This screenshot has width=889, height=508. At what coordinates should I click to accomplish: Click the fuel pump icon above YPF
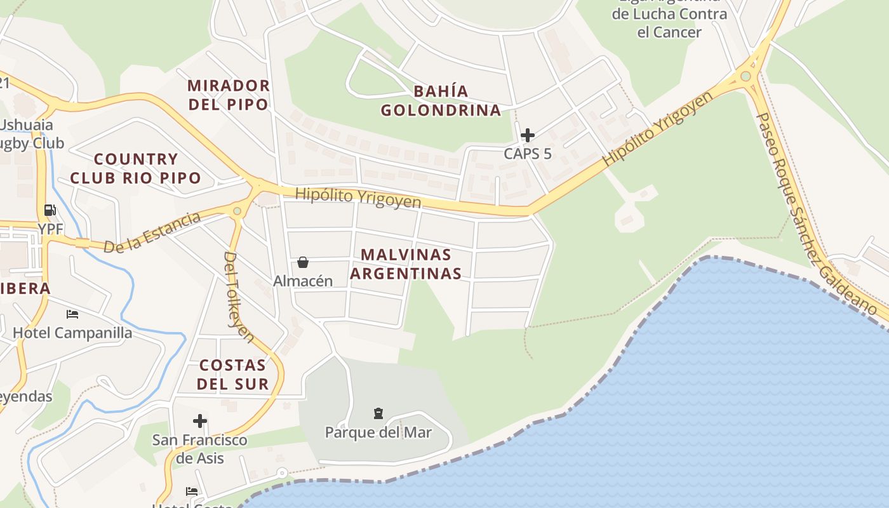(x=50, y=210)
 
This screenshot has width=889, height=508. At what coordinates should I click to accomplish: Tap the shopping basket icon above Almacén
(x=303, y=262)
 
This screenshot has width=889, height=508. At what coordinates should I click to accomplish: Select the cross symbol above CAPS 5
(x=528, y=135)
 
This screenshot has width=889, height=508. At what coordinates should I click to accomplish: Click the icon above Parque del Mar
(x=378, y=414)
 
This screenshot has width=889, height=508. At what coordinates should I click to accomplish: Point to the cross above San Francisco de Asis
(x=200, y=421)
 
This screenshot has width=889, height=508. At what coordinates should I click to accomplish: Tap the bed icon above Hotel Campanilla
(x=72, y=314)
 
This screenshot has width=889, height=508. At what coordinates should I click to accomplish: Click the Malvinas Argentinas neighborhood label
(x=406, y=264)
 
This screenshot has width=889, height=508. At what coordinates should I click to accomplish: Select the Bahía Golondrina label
(x=441, y=101)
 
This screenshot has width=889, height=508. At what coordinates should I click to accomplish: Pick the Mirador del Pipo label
(x=229, y=95)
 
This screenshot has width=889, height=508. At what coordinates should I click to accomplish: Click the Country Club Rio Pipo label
(x=135, y=168)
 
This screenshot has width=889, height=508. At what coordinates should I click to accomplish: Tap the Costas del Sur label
(x=232, y=374)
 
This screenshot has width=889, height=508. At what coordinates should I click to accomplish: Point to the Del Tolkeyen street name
(x=239, y=297)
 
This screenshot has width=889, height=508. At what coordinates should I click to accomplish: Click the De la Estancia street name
(x=152, y=232)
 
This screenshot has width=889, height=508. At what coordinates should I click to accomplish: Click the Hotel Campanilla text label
(x=72, y=333)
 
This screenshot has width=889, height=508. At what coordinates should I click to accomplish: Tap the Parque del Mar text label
(x=378, y=432)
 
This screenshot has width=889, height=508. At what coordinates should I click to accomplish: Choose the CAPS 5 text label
(x=528, y=154)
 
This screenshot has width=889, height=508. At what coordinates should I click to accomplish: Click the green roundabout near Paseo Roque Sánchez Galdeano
(x=745, y=76)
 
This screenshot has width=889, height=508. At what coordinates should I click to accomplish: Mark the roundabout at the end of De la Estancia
(x=237, y=211)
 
